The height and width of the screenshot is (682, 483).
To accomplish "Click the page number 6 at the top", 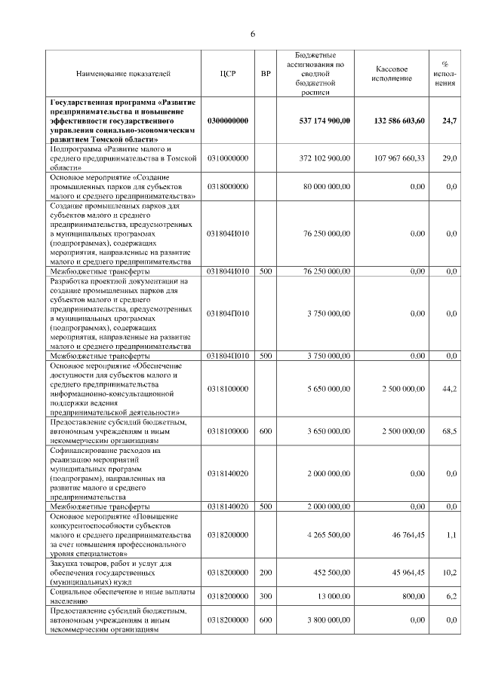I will coord(254,33).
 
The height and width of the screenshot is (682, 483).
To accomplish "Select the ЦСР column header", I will coord(228,73).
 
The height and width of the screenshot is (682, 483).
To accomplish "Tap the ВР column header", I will coord(265,73).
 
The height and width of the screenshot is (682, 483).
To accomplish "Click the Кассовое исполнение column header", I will coord(392,73).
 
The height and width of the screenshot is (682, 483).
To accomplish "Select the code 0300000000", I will coord(228,121).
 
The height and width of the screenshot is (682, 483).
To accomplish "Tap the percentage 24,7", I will coord(449,121).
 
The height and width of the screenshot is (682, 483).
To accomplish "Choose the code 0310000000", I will coord(228,158).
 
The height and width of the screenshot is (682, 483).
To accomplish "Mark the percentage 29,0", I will coord(450,158).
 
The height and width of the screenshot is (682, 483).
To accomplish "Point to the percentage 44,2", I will coord(450,388).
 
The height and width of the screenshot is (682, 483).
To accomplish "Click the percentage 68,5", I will coord(450,430).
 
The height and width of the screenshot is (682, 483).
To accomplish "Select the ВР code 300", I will coord(265,596).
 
